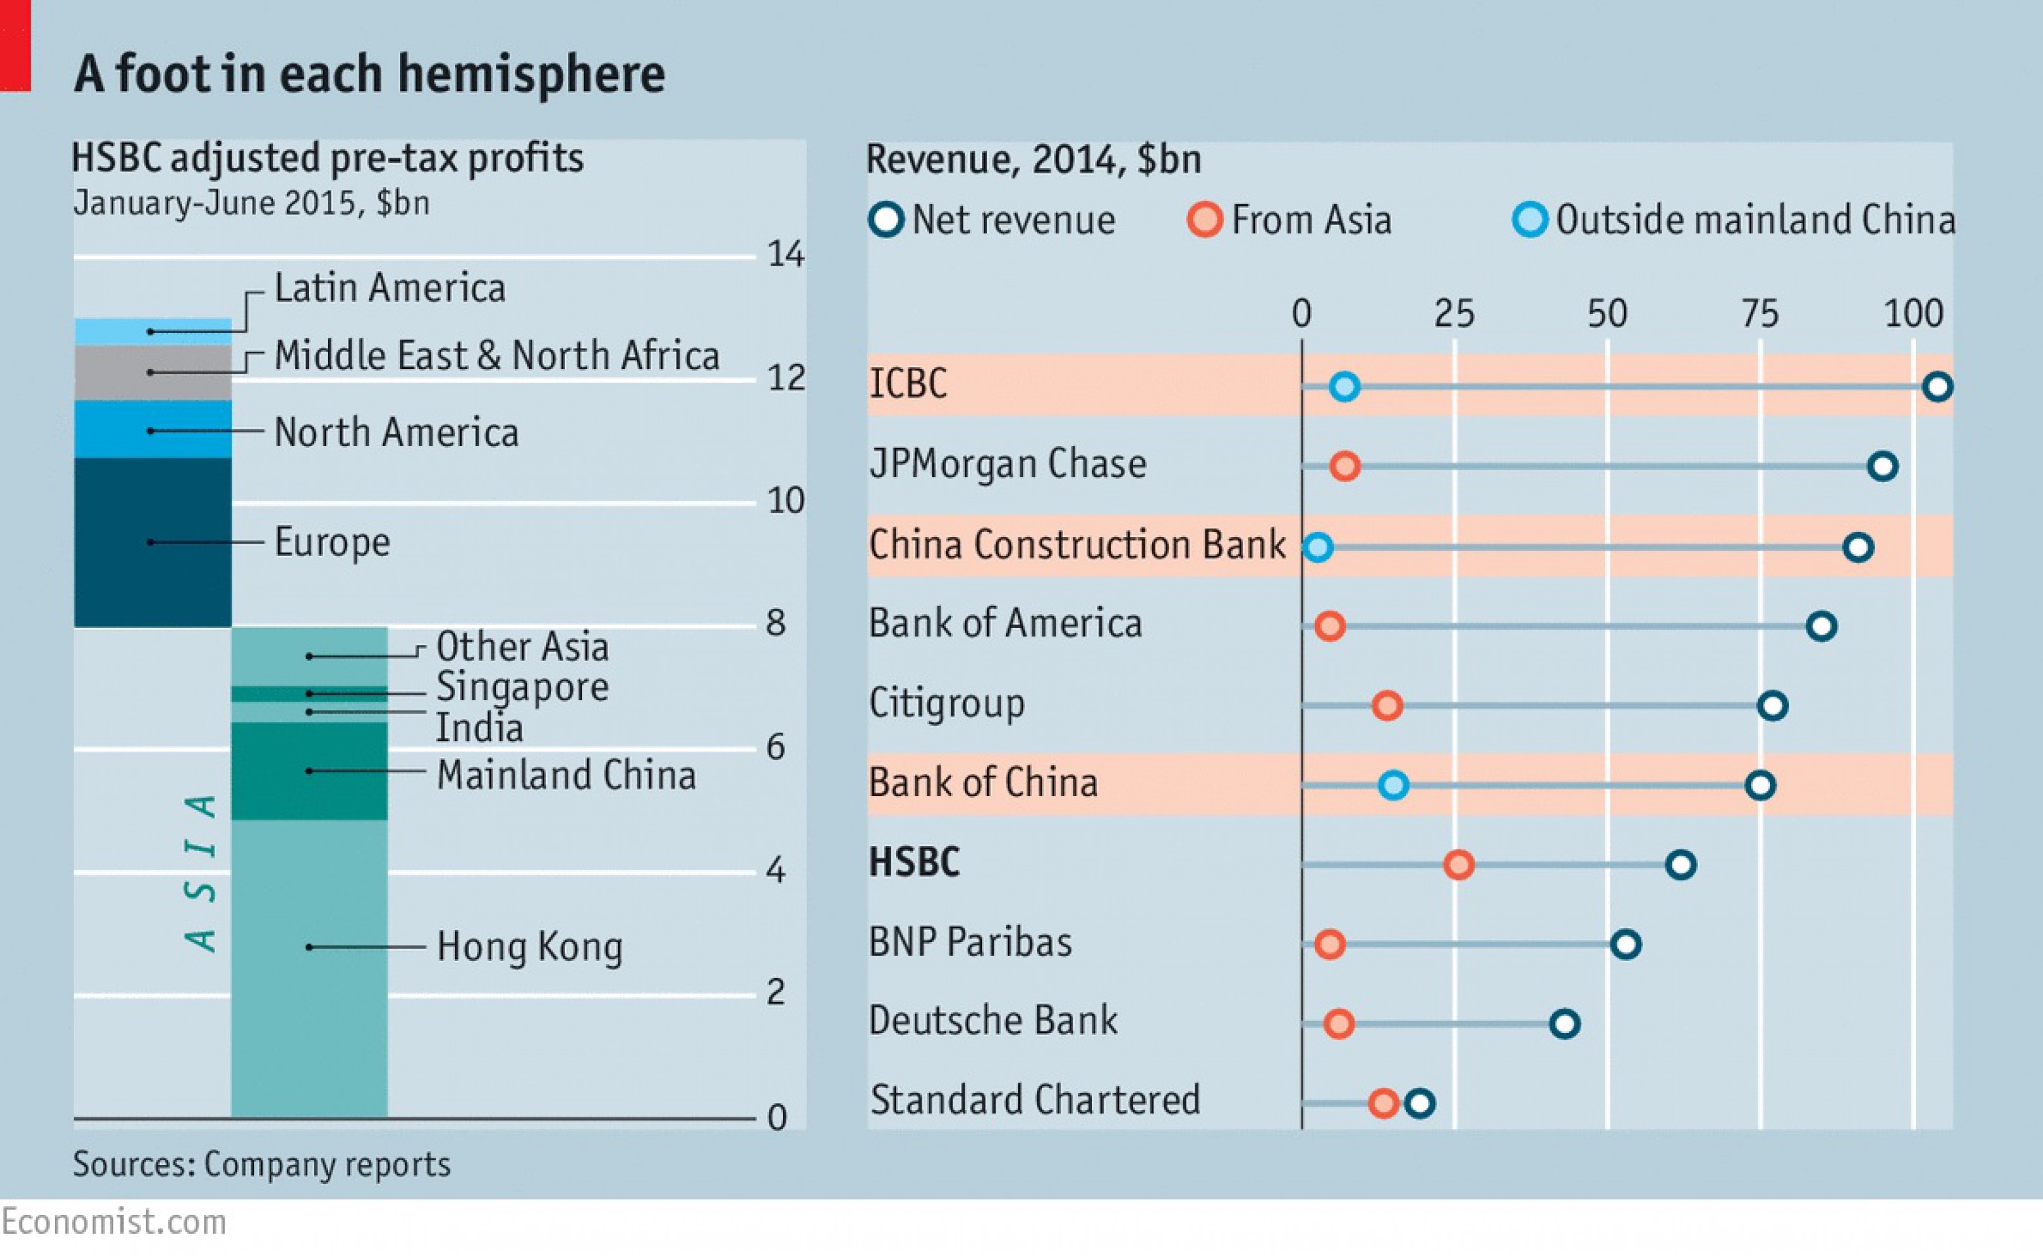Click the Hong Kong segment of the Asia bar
tap(309, 968)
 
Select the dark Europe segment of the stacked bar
tap(153, 542)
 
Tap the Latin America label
tap(389, 288)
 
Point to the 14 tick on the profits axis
tap(785, 254)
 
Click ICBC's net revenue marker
tap(1938, 386)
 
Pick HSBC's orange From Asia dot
tap(1458, 865)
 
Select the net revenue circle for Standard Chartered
tap(1420, 1103)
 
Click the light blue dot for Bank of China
tap(1394, 785)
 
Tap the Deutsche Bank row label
tap(993, 1021)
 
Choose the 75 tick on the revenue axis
tap(1760, 314)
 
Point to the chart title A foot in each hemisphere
tap(370, 74)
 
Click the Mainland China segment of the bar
tap(309, 771)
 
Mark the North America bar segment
tap(153, 430)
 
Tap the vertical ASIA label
tap(200, 872)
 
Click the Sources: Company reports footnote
tap(261, 1164)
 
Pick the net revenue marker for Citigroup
tap(1773, 705)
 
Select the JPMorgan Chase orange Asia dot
tap(1345, 466)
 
